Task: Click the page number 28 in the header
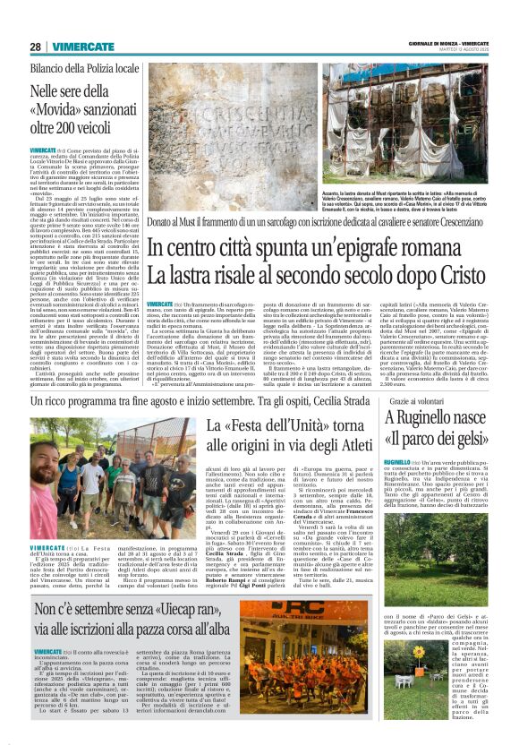click(35, 46)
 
